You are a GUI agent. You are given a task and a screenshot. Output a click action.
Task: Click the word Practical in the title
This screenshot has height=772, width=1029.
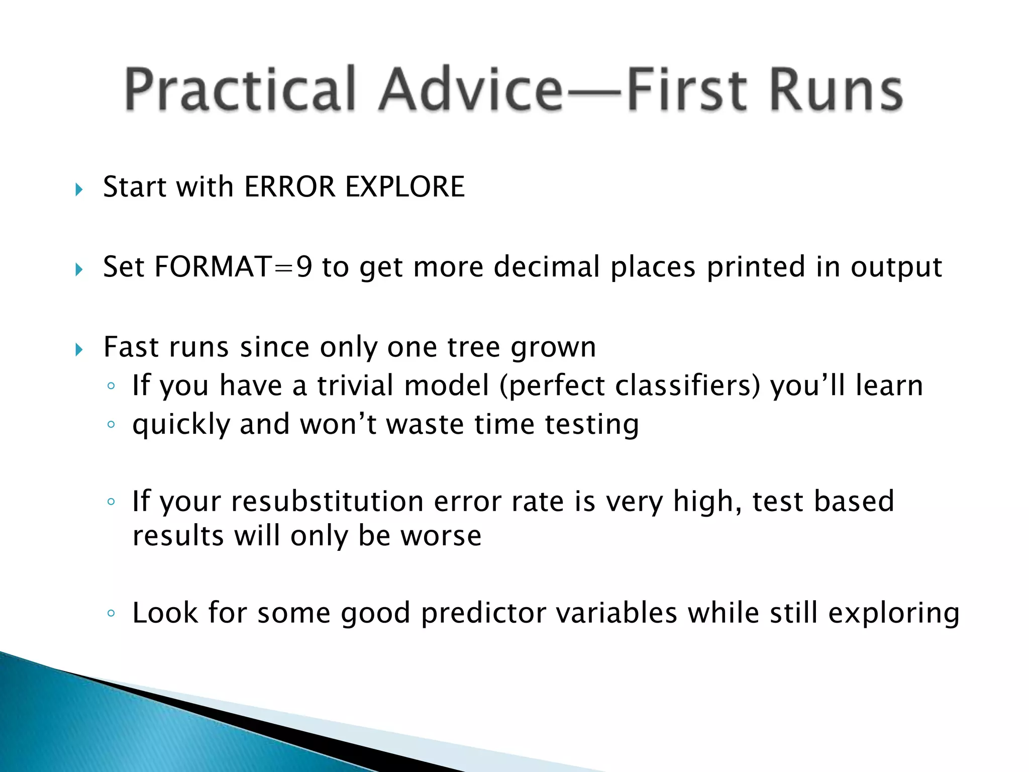[240, 89]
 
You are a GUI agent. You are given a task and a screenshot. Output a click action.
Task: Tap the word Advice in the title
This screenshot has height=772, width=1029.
[471, 89]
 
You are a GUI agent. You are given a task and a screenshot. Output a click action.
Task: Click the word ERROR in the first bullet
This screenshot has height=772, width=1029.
[289, 187]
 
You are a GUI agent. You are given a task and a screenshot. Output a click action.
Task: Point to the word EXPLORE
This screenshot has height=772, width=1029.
[405, 187]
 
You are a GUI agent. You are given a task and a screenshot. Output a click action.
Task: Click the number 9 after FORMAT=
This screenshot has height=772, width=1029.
[304, 267]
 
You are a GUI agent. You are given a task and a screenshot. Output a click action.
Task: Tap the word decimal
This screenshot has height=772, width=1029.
[547, 267]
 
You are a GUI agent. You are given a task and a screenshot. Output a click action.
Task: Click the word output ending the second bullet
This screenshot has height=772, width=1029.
[896, 268]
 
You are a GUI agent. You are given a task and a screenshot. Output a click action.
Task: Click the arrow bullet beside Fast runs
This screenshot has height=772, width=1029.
[79, 349]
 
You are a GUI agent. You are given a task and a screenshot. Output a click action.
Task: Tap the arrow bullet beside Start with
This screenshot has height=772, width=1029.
[79, 189]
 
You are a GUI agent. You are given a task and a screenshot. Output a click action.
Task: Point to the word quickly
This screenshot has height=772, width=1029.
[181, 425]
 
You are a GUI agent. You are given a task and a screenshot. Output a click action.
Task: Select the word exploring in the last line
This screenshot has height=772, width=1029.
[894, 614]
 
